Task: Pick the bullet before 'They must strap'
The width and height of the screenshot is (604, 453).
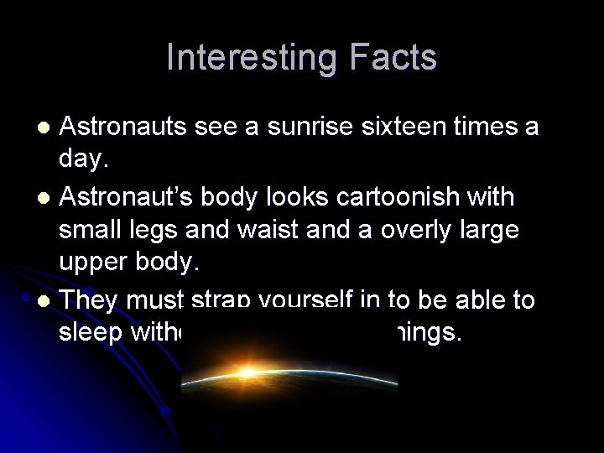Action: click(x=48, y=299)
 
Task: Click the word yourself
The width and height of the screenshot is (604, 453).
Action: click(x=305, y=299)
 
